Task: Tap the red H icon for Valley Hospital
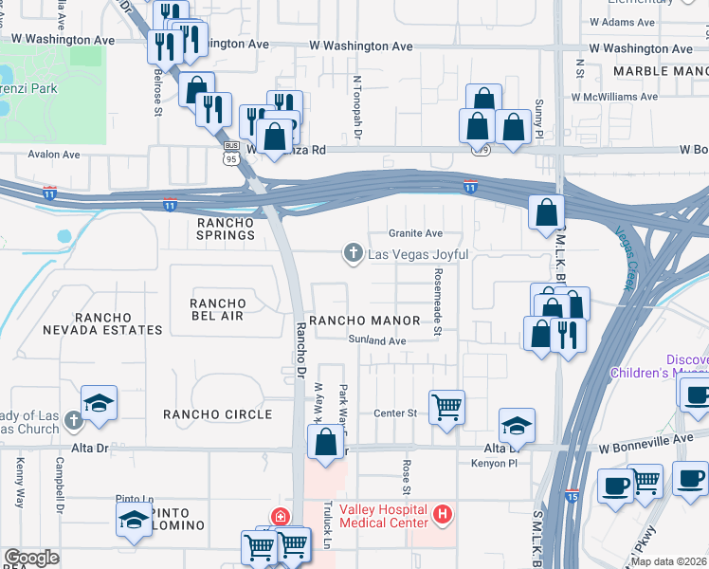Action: pos(440,516)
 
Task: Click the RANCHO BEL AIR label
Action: pos(218,309)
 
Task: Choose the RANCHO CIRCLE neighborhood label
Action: pos(217,414)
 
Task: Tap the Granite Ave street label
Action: pos(416,233)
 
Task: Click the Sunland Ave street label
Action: pos(376,340)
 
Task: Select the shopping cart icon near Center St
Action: pos(446,408)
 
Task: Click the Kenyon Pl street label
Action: pos(491,462)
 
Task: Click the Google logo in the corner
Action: pos(31,558)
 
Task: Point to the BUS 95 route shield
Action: pos(231,151)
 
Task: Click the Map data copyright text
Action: pos(667,561)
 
